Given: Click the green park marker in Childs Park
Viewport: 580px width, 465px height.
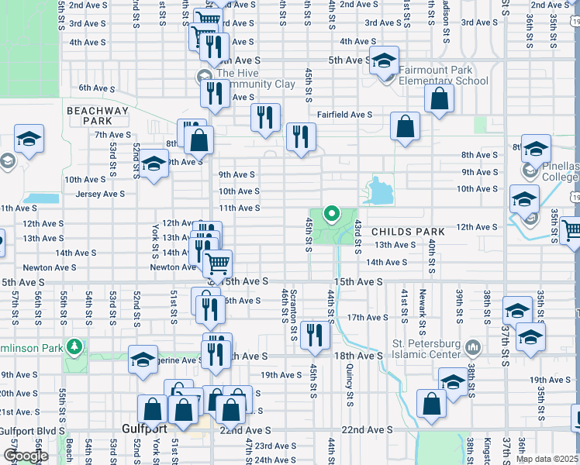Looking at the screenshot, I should [332, 213].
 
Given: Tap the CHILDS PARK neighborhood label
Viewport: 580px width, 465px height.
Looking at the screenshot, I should [408, 232].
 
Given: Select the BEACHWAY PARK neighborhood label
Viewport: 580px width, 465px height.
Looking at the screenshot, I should [97, 115].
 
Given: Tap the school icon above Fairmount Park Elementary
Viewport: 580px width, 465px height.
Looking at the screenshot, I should [383, 60].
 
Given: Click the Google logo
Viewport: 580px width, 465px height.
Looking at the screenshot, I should [25, 455].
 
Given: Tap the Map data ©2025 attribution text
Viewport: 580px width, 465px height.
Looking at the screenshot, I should [546, 459].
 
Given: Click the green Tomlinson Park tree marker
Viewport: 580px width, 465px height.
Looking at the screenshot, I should [74, 346].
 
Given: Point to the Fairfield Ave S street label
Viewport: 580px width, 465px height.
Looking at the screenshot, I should [344, 115].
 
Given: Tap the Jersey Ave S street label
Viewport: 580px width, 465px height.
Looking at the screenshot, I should [96, 194].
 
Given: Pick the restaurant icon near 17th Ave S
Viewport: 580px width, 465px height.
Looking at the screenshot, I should [314, 334].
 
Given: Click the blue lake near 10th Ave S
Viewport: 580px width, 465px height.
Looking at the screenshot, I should [378, 191].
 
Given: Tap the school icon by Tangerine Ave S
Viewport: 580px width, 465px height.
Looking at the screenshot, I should [143, 360].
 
